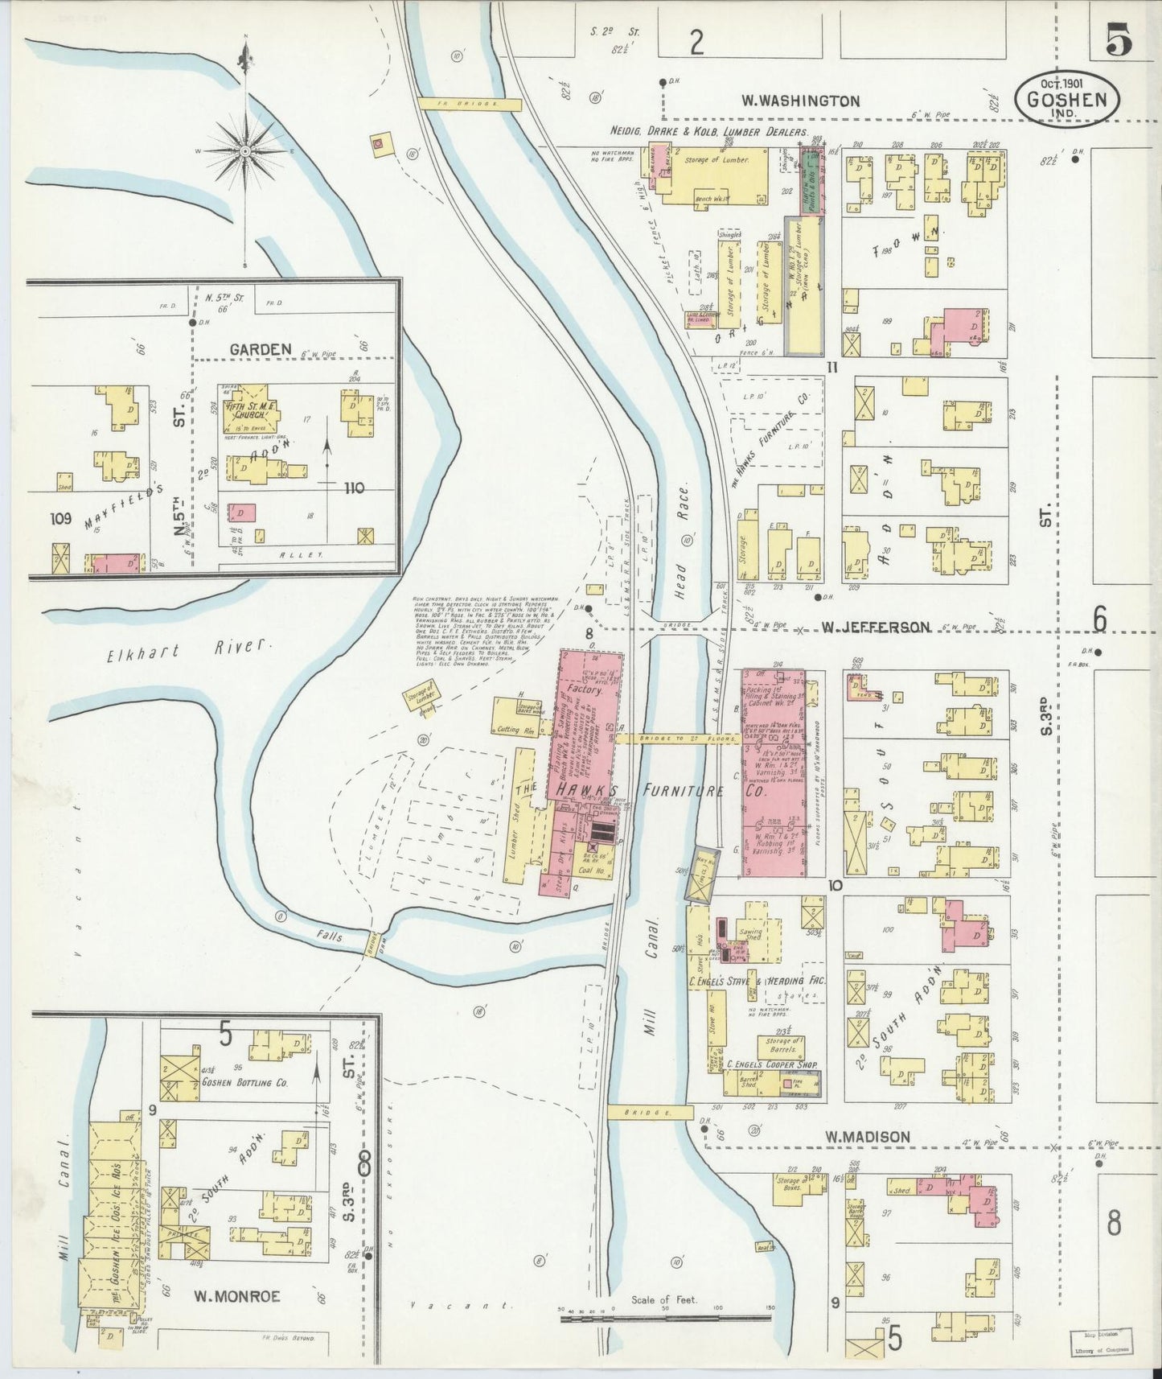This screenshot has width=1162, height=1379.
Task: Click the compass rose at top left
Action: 244,150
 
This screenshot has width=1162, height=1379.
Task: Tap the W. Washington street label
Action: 800,101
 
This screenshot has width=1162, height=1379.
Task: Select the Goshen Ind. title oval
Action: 1067,100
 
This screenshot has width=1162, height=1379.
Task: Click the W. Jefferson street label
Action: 876,627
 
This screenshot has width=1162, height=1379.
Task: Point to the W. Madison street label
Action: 868,1137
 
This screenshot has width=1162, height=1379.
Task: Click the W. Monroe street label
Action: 237,1296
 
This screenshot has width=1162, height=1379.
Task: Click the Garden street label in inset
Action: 260,349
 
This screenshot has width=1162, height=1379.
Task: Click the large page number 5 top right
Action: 1118,40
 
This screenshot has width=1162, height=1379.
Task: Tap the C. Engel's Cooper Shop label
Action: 771,1064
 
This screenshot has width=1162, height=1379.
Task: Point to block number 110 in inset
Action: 353,488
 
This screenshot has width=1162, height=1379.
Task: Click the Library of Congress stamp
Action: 1099,1343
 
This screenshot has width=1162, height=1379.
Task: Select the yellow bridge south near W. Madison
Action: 650,1111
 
